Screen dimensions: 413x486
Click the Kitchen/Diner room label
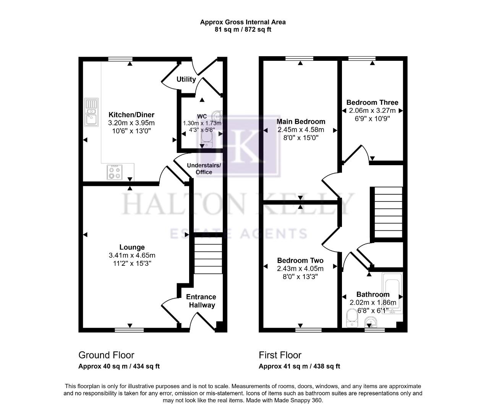tap(131, 115)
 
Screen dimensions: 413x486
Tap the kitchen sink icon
tap(91, 112)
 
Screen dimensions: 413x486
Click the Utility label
tap(186, 79)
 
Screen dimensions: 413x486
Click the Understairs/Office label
tap(204, 169)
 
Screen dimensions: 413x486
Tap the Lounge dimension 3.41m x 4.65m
tap(132, 255)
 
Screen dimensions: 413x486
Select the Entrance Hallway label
tap(201, 301)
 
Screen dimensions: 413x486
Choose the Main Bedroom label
tap(301, 122)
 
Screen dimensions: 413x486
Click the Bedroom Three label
tap(372, 102)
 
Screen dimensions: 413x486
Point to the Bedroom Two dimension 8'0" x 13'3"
tap(300, 276)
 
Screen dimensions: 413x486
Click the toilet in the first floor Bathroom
tap(351, 319)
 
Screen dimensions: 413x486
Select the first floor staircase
tap(388, 212)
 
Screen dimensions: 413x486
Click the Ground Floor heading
tap(106, 355)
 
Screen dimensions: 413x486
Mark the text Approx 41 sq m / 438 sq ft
tap(299, 366)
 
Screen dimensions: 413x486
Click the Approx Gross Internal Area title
tap(243, 22)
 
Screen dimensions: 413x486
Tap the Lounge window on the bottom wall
tap(130, 330)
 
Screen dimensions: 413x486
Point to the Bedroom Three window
tap(361, 59)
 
